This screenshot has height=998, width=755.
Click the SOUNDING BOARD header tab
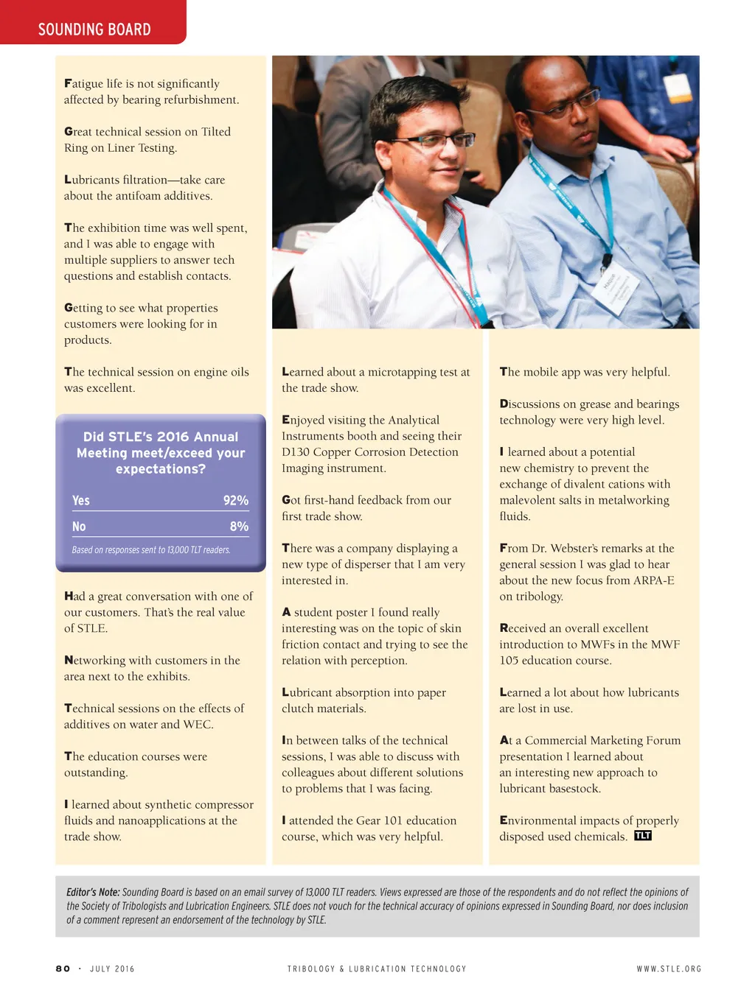coord(94,29)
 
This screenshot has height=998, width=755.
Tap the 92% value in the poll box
coord(236,501)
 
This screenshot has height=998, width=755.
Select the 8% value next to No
coord(239,527)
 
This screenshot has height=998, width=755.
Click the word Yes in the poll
coord(81,501)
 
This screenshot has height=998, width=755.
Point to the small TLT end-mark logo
coord(643,836)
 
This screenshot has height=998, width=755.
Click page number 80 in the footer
coord(63,969)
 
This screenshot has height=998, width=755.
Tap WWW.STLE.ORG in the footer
coord(669,969)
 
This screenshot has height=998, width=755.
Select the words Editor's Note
coord(93,892)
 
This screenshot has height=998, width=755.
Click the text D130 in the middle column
coord(295,452)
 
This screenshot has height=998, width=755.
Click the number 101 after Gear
coord(393,820)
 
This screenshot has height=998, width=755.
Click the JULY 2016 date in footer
coord(112,969)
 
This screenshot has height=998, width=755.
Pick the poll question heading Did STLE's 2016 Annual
coord(161,437)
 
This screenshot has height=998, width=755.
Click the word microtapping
coord(402,373)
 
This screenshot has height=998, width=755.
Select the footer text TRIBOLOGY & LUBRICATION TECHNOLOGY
coord(377,969)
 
